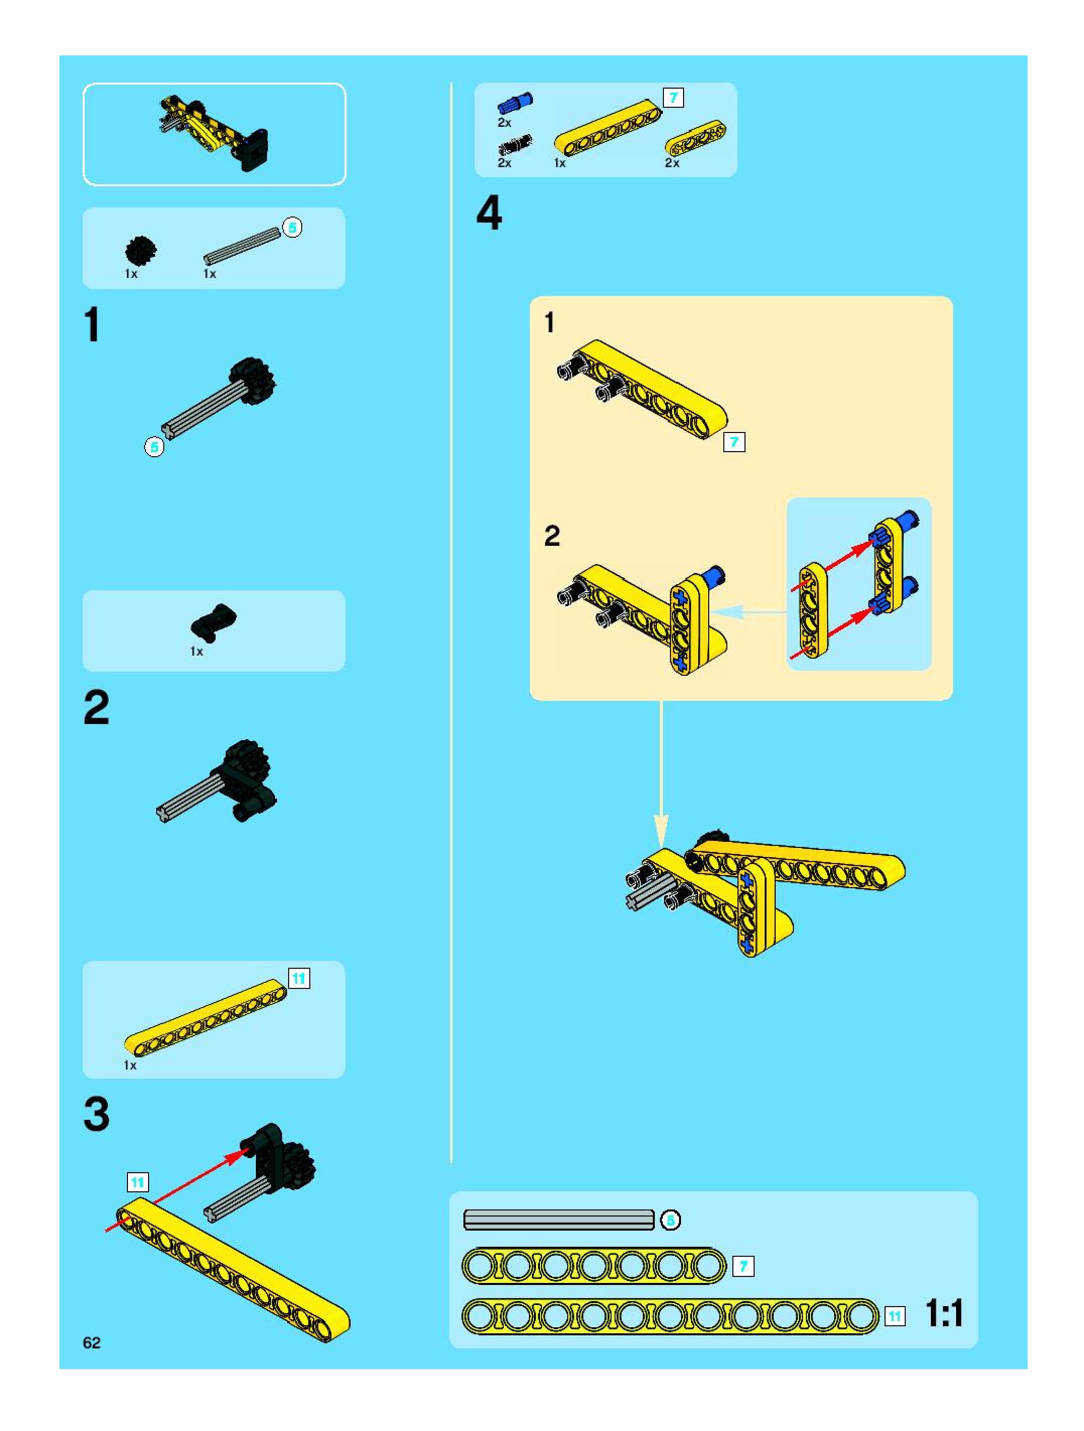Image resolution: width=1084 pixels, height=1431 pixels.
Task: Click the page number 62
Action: pos(91,1342)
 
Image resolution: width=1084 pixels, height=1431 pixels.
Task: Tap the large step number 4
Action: pos(489,213)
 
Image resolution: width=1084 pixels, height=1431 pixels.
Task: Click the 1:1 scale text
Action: pos(944,1313)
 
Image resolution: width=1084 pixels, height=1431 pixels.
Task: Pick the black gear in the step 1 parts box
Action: pos(141,250)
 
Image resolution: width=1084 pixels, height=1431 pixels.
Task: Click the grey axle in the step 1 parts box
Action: pos(243,246)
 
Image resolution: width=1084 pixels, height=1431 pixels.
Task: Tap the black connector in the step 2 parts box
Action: pos(214,620)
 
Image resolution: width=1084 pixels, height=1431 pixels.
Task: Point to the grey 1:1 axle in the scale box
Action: pos(559,1220)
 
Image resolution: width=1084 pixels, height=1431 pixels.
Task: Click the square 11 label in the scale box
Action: pos(895,1316)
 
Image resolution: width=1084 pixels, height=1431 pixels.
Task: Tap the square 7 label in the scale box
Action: pos(743,1266)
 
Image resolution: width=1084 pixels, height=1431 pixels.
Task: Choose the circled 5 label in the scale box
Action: pos(670,1220)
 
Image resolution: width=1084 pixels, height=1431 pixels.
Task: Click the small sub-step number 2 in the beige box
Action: pos(552,536)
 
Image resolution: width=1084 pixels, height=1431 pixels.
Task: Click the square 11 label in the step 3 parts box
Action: pos(298,978)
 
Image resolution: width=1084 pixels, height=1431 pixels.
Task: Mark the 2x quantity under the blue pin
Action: pos(504,122)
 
